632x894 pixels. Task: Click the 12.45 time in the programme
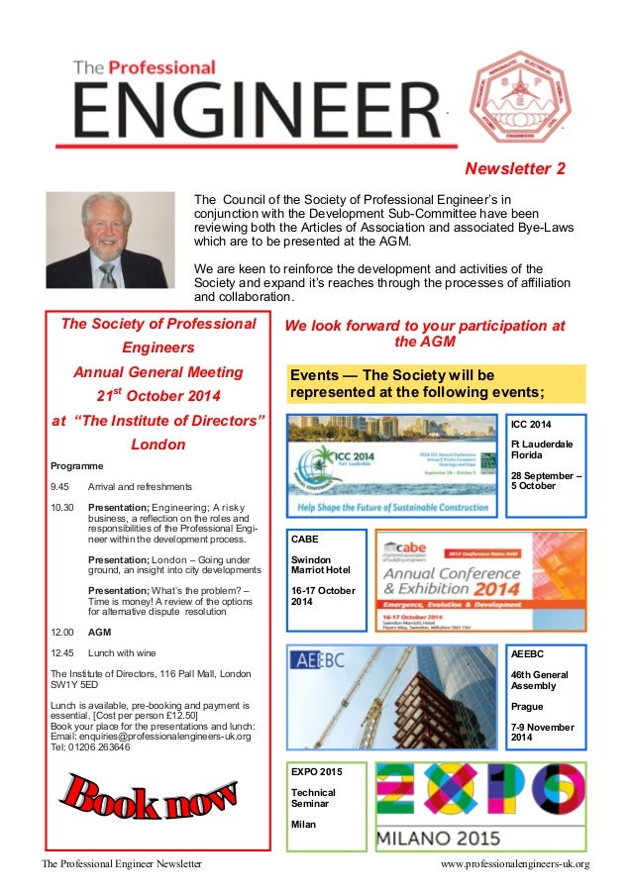[62, 652]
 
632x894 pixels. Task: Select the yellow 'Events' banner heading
[436, 383]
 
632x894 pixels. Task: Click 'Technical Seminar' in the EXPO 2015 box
[313, 799]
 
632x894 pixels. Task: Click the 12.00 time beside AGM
[62, 631]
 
